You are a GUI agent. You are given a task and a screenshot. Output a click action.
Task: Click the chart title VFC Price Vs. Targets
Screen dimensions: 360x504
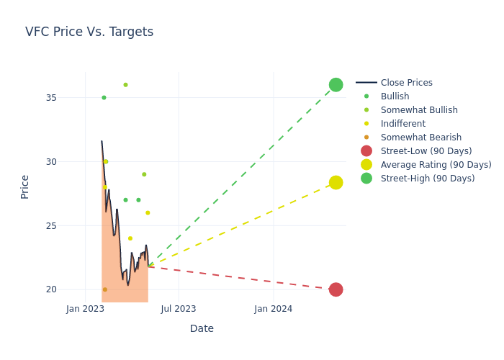[89, 32]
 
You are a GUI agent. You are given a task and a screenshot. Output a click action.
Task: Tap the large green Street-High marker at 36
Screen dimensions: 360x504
[336, 85]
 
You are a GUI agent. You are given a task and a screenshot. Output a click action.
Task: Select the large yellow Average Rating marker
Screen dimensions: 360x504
[336, 183]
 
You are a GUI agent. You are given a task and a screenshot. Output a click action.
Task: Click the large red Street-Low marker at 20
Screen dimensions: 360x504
[336, 289]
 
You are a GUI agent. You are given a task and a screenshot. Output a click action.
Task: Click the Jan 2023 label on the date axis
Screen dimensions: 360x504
[85, 309]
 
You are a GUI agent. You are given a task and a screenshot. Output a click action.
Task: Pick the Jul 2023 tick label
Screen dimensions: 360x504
[179, 309]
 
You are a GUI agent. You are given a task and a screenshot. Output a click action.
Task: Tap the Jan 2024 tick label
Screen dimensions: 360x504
[274, 309]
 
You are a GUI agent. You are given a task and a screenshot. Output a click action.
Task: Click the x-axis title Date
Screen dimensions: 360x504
[202, 329]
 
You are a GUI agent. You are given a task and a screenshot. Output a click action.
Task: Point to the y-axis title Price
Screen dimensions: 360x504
[25, 186]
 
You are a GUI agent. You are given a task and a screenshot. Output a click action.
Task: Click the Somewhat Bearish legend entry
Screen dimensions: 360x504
[420, 138]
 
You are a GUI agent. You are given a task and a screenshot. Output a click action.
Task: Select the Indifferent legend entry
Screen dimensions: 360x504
[402, 124]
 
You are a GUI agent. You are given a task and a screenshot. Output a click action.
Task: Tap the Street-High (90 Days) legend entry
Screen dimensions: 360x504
[427, 179]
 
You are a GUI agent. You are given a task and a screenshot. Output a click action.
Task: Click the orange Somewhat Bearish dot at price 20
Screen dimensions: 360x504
[104, 289]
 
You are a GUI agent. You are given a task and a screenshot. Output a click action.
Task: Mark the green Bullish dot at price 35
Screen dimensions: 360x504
[104, 98]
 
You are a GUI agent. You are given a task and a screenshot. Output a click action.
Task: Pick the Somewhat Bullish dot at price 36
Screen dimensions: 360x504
[125, 85]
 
